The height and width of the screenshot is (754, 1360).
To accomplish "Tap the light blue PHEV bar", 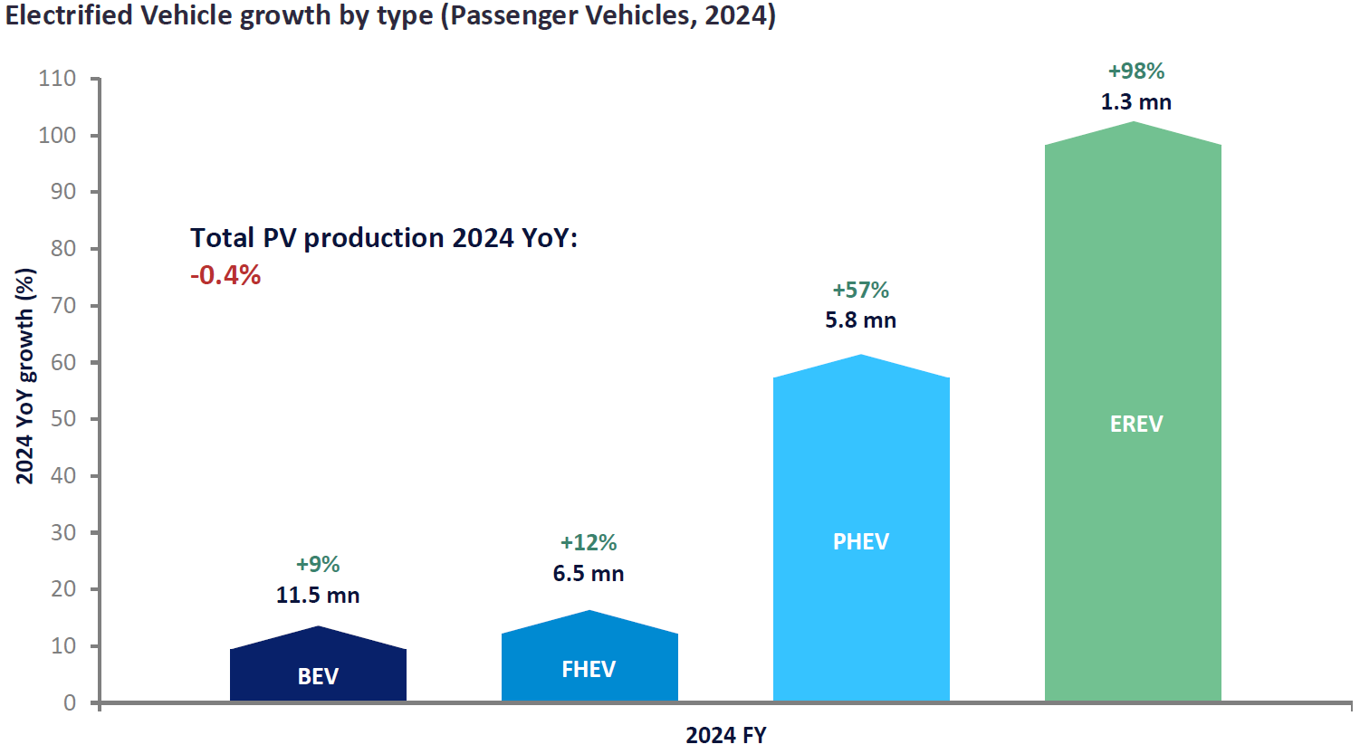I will point(861,534).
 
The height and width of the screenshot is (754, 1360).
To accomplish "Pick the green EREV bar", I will point(1133,416).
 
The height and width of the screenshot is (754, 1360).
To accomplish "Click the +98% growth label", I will point(1136,72).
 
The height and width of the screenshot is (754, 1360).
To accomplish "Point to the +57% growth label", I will point(861,291).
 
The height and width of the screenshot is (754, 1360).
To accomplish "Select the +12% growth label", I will point(589,543).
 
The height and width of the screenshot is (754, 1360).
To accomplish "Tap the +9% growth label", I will point(318,565).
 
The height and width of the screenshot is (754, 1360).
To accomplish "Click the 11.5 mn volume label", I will point(318,596).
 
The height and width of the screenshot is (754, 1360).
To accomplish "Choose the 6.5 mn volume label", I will point(589,574).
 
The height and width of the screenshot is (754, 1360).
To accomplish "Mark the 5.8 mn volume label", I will point(860,320).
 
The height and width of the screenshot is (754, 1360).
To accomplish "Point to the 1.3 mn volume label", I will point(1136,102).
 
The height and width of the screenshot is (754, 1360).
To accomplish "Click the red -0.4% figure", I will point(225,275).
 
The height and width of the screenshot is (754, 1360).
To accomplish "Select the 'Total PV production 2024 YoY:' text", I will point(384,238).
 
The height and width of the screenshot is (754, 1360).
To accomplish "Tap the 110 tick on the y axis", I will point(57,79).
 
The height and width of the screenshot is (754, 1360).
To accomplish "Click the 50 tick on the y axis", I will point(63,419).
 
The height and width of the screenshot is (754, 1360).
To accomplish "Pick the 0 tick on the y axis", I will point(70,703).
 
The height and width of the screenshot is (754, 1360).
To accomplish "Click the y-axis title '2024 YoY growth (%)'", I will point(25,376).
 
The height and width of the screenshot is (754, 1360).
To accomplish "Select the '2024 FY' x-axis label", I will point(726,735).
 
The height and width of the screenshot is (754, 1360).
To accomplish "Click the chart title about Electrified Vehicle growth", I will point(390,16).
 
